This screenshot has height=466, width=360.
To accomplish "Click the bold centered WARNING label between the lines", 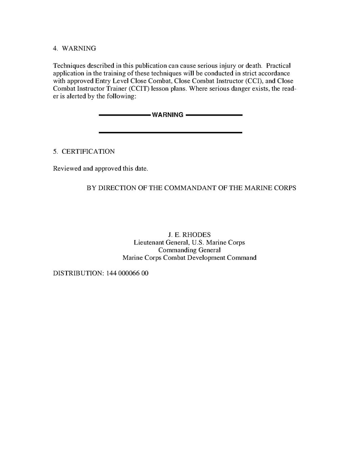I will (x=167, y=115).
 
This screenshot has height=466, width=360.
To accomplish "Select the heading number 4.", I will (x=55, y=49).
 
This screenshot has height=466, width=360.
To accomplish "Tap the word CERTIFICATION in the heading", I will (x=88, y=152).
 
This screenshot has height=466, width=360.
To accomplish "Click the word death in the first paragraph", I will (x=254, y=66).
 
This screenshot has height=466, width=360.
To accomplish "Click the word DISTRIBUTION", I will (x=78, y=273).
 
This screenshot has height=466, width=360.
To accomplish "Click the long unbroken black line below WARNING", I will (x=171, y=133).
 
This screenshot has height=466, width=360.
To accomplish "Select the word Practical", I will (x=278, y=66).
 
